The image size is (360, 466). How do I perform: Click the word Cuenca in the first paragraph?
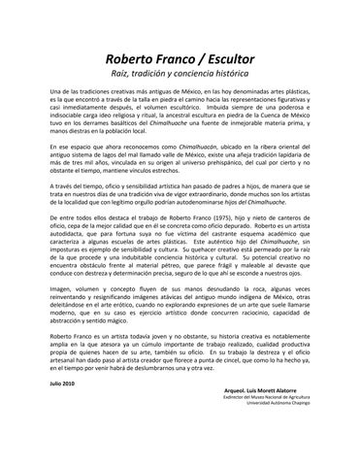point(263,132)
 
